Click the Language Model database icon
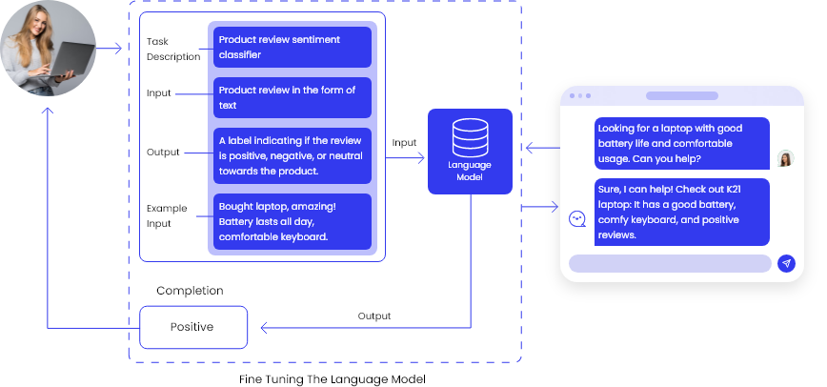[x=469, y=140]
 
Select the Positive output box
[x=193, y=327]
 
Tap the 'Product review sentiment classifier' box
[x=292, y=48]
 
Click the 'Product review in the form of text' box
[x=292, y=97]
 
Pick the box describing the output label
[x=292, y=155]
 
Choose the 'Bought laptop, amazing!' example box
[x=292, y=221]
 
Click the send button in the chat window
[x=786, y=264]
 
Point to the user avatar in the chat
[x=785, y=158]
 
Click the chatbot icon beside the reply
[x=576, y=219]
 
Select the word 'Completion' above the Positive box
[x=190, y=290]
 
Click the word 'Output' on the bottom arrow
[x=373, y=316]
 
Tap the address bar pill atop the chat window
[x=681, y=96]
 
